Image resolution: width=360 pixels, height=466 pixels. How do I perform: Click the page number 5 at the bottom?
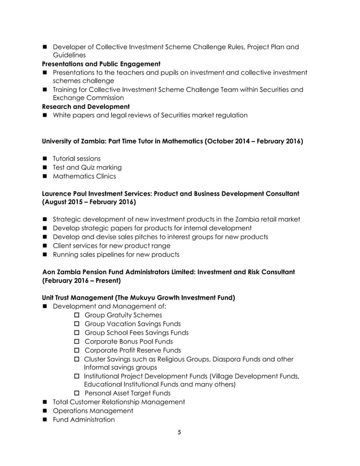tap(179, 433)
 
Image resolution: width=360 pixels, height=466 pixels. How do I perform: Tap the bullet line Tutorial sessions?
tap(76, 158)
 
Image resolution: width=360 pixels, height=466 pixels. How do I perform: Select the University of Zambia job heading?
tap(173, 141)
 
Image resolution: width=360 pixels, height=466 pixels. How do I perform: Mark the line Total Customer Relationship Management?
tap(118, 402)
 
